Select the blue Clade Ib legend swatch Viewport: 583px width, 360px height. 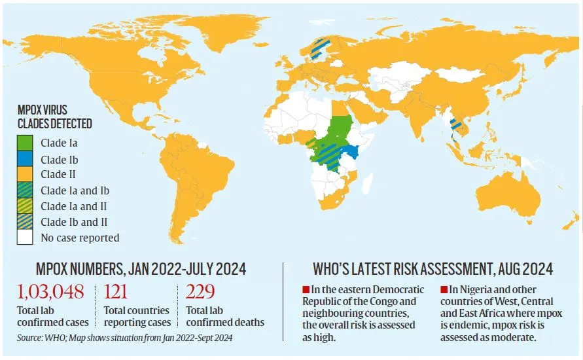(26, 158)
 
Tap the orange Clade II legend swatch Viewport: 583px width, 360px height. (26, 174)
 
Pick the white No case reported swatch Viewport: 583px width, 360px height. (26, 238)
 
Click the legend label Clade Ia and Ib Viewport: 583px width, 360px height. (75, 190)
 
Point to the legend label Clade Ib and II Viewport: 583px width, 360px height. (74, 223)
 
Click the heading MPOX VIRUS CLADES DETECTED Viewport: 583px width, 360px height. (55, 117)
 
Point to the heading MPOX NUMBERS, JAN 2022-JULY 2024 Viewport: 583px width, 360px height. (140, 268)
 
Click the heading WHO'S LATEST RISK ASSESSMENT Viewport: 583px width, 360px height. (432, 268)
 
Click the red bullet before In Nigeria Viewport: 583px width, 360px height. (444, 289)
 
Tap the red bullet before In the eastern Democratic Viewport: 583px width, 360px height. (306, 289)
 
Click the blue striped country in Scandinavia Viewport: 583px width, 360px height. (319, 48)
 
